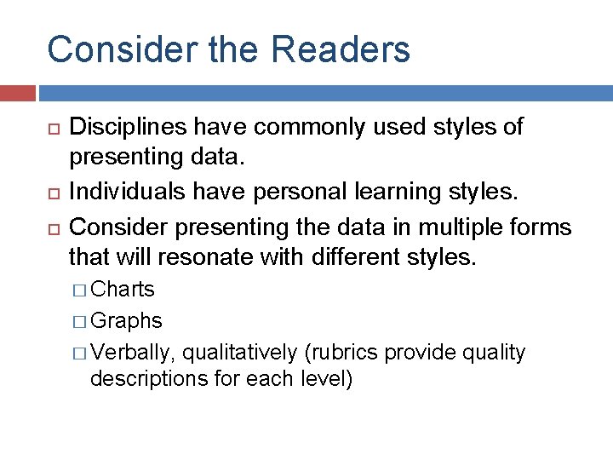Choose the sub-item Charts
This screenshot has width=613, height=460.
coord(123,290)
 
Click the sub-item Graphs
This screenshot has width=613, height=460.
coord(126,321)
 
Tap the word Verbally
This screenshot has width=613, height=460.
coord(134,353)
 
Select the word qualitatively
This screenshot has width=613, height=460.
coord(239,353)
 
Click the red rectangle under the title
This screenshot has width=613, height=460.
coord(17,93)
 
